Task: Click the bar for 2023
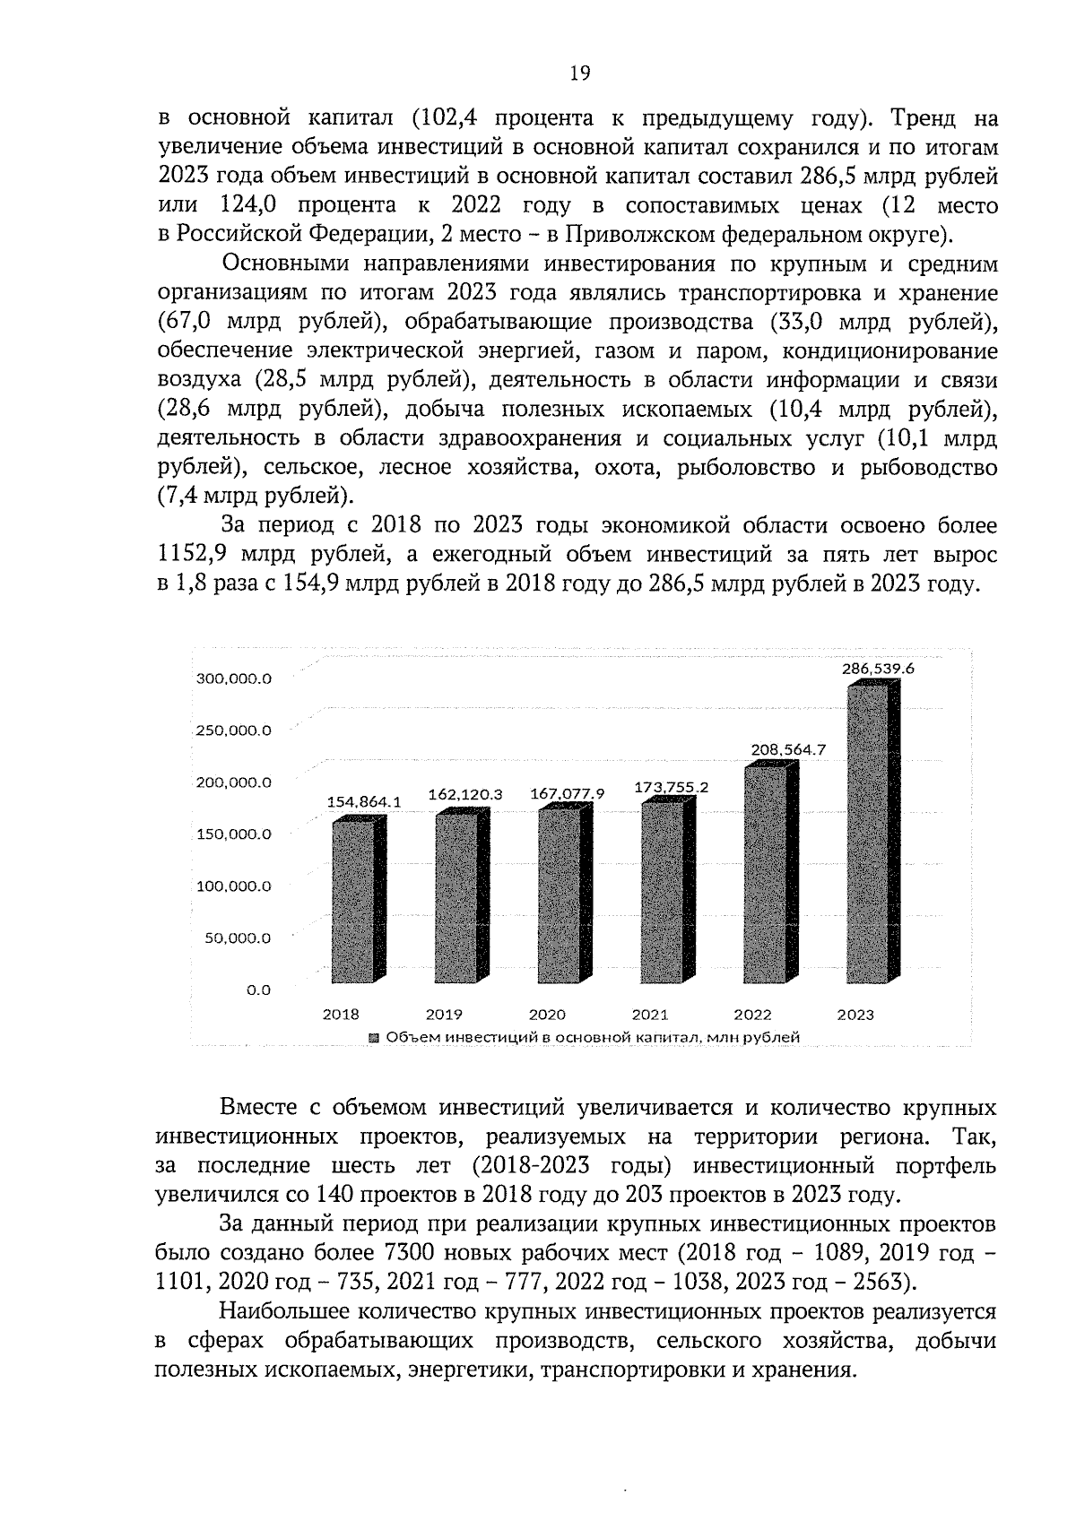click(867, 834)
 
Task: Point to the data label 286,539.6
click(877, 669)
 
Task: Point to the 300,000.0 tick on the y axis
click(233, 678)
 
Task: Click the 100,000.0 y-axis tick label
click(233, 886)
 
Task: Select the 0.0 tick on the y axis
click(258, 990)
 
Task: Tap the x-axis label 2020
click(546, 1015)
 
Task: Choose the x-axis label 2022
click(752, 1015)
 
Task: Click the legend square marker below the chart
click(374, 1037)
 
